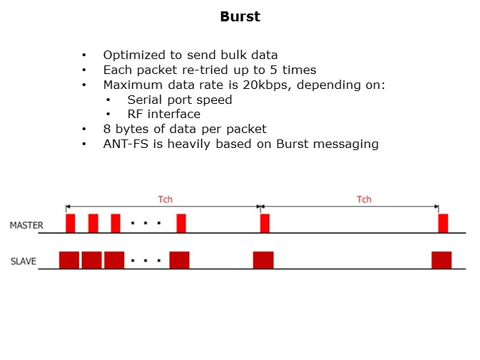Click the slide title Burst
click(x=240, y=16)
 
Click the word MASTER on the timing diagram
click(x=26, y=226)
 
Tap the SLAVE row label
click(x=23, y=261)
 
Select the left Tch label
click(x=165, y=199)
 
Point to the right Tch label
click(x=364, y=199)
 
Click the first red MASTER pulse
click(x=70, y=223)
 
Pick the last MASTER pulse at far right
click(x=443, y=223)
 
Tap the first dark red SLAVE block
click(x=69, y=260)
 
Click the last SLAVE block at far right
click(x=442, y=260)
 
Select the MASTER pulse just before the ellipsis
click(x=115, y=223)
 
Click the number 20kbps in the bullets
click(x=266, y=85)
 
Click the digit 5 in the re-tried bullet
click(x=273, y=70)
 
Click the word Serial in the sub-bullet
click(x=145, y=100)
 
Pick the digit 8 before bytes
click(x=107, y=129)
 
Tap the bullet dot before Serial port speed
click(x=108, y=100)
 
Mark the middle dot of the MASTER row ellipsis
click(x=145, y=223)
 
